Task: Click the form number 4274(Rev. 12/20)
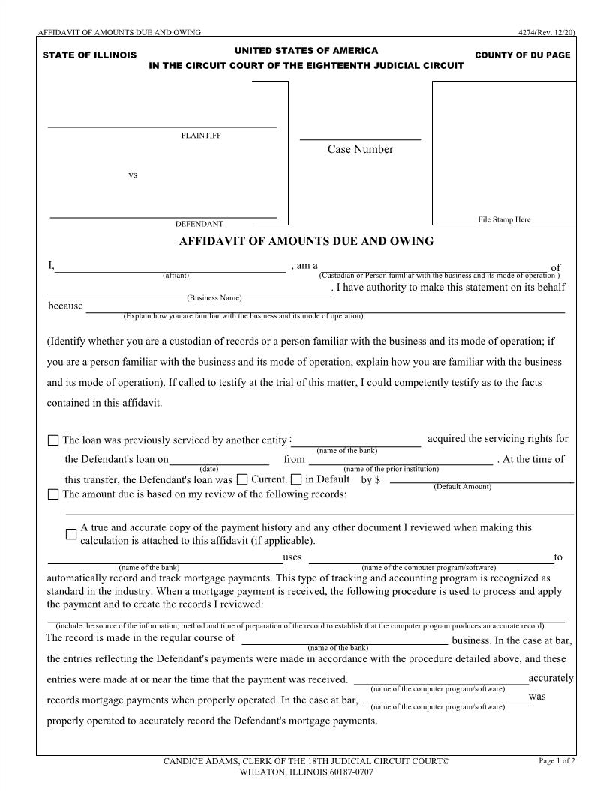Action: [546, 32]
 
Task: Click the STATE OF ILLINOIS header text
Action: [89, 55]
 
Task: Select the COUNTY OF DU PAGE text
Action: [522, 55]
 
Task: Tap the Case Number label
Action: [360, 149]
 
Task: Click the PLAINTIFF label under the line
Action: [201, 136]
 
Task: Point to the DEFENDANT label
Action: [199, 224]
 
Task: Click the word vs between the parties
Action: [133, 175]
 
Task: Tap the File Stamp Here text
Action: [504, 219]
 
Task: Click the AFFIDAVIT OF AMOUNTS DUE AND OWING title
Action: [306, 241]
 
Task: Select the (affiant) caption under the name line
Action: [175, 276]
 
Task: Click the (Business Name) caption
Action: [214, 298]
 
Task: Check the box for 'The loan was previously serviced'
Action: [53, 441]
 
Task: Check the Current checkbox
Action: [242, 479]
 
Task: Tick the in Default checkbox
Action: [296, 479]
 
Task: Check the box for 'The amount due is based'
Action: [53, 494]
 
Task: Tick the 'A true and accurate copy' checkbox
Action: [71, 534]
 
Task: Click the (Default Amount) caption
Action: [462, 487]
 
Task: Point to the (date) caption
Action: [209, 469]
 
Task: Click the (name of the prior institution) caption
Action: [391, 469]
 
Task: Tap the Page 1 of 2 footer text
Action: [556, 761]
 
